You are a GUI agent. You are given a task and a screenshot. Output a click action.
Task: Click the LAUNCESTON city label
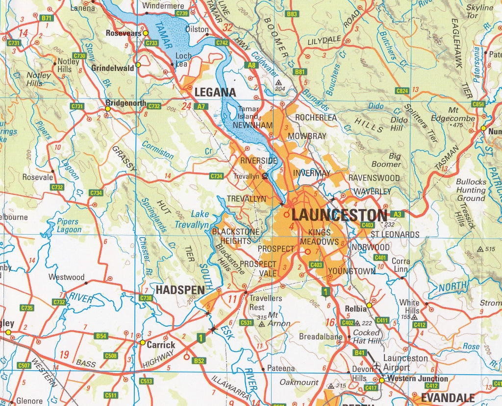339,215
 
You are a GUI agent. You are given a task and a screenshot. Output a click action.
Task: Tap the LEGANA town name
216,92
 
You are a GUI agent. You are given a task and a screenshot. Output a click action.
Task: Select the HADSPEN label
180,290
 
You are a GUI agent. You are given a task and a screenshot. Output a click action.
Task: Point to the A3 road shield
398,214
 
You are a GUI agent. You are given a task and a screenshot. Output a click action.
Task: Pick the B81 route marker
300,72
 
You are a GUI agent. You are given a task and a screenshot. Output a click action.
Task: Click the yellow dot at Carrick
142,342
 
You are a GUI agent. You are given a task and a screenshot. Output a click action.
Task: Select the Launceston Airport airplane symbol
376,365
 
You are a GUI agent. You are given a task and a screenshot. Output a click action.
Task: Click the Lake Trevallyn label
192,219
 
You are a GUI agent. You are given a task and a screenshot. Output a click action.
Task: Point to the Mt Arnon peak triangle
262,324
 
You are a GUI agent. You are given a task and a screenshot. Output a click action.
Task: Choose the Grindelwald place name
113,68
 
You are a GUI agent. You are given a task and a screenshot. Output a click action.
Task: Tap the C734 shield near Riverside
216,176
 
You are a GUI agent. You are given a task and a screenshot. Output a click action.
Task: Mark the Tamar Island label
248,113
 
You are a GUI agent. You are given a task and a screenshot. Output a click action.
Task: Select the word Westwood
66,277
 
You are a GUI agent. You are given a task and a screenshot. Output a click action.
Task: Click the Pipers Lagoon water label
69,226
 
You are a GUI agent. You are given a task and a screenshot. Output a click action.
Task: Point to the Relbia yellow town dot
369,305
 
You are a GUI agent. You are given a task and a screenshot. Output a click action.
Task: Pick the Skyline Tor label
479,12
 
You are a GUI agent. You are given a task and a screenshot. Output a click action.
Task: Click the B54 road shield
101,336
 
